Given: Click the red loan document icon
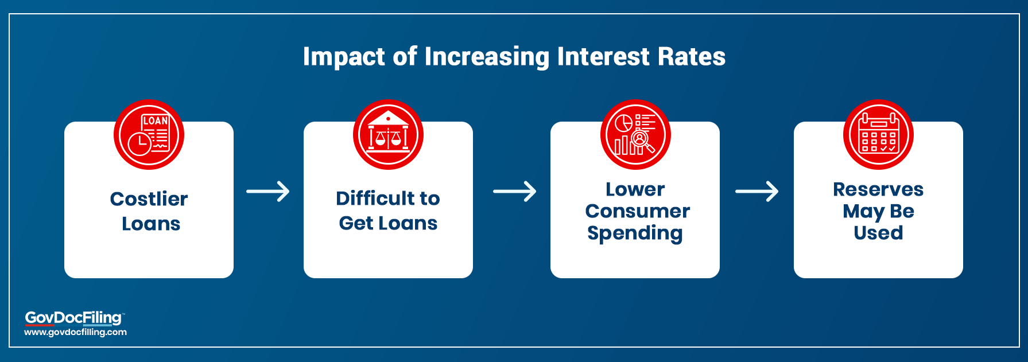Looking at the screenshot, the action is [x=149, y=135].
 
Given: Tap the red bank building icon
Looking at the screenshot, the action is [x=388, y=135].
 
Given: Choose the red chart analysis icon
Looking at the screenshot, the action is [x=635, y=135].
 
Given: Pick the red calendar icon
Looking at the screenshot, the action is [x=878, y=135].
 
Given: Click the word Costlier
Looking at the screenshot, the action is [x=149, y=198].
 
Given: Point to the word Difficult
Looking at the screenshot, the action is [x=370, y=198].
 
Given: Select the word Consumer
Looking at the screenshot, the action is [x=637, y=211].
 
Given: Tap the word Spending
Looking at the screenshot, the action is [x=635, y=233].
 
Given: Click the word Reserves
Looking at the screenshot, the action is [x=878, y=189].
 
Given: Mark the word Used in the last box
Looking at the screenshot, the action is [x=878, y=233].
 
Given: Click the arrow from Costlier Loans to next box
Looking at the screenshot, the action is [x=268, y=191].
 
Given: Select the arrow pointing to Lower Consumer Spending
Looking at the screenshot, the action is [x=515, y=191].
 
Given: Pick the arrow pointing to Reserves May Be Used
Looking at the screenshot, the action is [x=757, y=191].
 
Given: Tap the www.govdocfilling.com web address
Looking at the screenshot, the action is [x=75, y=332].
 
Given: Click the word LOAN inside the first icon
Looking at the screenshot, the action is [x=155, y=120].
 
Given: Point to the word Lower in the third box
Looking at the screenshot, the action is [x=635, y=189].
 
